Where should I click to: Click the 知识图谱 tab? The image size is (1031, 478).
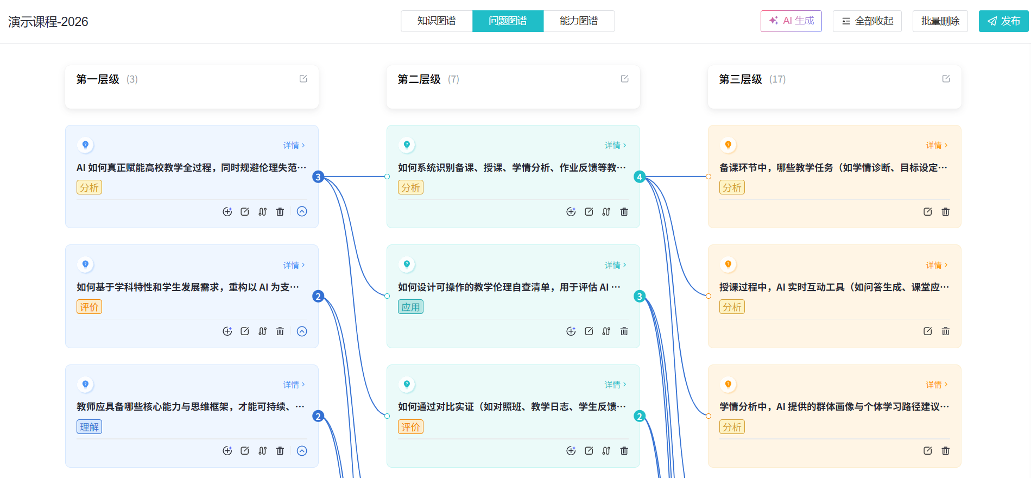pos(437,21)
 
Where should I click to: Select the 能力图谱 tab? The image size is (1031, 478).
pos(579,21)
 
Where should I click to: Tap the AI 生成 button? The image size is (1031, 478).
pos(791,21)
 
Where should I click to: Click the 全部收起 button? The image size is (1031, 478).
pos(867,21)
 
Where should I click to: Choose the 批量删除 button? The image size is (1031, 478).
pos(940,21)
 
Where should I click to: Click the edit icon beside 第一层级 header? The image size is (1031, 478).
pos(303,79)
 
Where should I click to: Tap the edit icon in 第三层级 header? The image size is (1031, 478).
pos(946,79)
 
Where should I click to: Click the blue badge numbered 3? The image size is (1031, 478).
pos(318,177)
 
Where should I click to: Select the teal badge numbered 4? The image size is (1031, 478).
pos(640,177)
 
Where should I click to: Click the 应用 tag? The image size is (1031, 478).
pos(410,307)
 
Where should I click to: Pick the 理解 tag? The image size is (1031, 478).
pos(89,427)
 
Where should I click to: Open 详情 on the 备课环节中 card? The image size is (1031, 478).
pos(937,145)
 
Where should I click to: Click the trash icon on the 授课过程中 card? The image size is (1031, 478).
pos(946,331)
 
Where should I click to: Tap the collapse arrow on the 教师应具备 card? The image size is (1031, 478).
pos(302,451)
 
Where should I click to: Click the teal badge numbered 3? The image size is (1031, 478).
pos(640,296)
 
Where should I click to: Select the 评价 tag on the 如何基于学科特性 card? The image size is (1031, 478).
pos(89,307)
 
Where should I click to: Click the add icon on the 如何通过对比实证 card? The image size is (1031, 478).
pos(571,451)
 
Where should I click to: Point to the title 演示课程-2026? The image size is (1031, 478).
pos(48,22)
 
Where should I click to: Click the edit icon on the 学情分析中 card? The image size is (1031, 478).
pos(928,451)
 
